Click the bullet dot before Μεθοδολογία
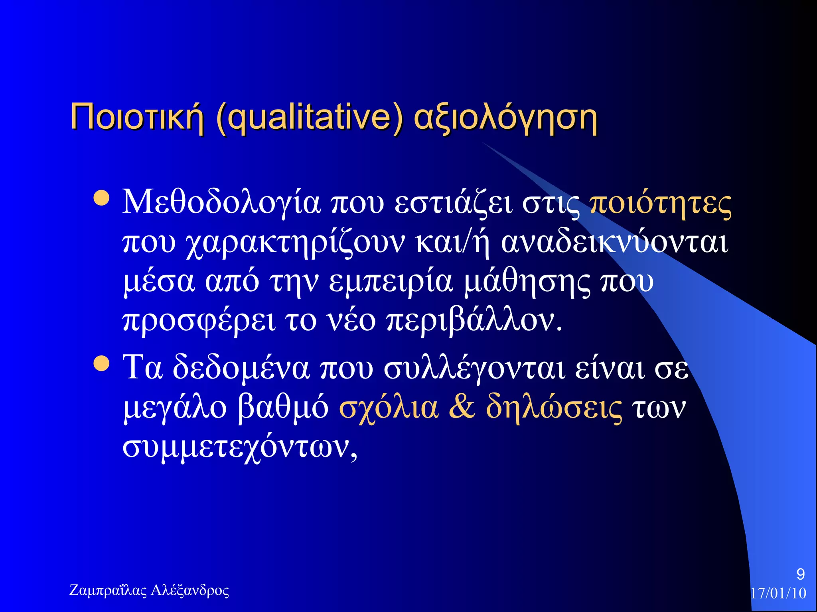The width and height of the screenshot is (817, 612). tap(101, 198)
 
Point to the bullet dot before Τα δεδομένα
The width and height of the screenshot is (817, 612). tap(101, 363)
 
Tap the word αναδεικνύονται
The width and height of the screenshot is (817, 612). tap(615, 242)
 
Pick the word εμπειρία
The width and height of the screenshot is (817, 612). tap(391, 282)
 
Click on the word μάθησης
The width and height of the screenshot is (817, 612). tap(527, 282)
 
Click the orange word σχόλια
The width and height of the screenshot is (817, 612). tap(389, 408)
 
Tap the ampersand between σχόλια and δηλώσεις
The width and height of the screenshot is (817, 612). tap(462, 407)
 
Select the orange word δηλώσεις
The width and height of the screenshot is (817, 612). tap(554, 408)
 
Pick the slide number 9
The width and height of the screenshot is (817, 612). tap(800, 574)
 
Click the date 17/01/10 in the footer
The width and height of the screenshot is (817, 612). tap(778, 593)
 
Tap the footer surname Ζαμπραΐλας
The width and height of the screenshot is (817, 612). tap(108, 590)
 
